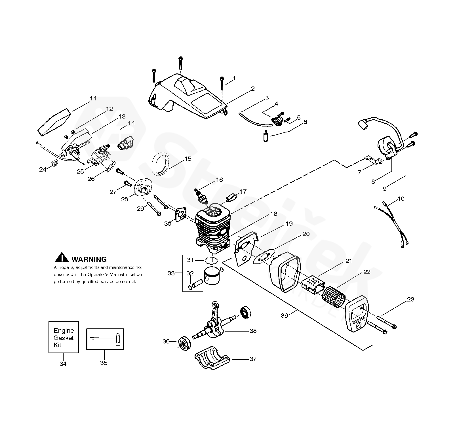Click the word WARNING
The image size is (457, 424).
pos(89,259)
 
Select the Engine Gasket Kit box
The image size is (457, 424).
pos(64,337)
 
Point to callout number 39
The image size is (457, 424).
pos(284,315)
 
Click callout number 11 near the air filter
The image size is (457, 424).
pos(93,98)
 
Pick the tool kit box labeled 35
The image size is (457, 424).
pos(105,339)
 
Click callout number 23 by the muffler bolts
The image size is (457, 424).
pos(410,299)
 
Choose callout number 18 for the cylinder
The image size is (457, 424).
pos(273,214)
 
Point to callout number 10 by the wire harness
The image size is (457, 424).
pos(401,199)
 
